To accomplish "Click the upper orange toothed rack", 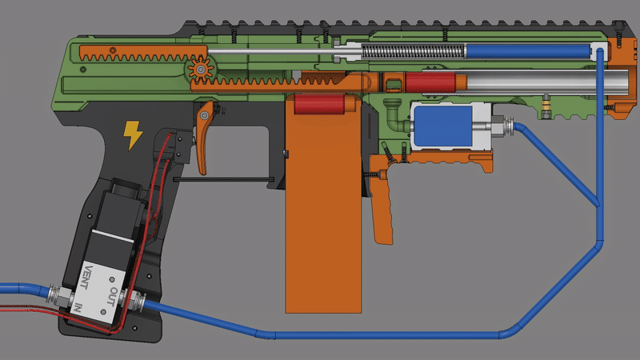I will click(x=132, y=57).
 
